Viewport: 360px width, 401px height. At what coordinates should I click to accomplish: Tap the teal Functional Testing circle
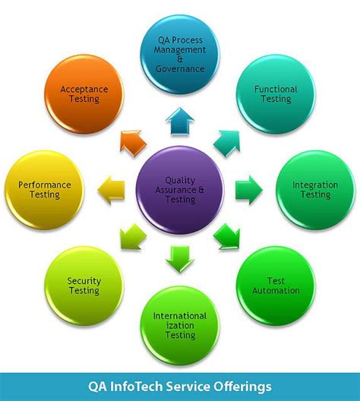click(x=276, y=96)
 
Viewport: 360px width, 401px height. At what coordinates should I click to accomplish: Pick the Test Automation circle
click(x=276, y=285)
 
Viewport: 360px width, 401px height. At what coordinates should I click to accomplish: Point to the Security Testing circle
click(x=84, y=285)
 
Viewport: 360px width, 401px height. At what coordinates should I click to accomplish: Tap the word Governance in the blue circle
click(x=180, y=69)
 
